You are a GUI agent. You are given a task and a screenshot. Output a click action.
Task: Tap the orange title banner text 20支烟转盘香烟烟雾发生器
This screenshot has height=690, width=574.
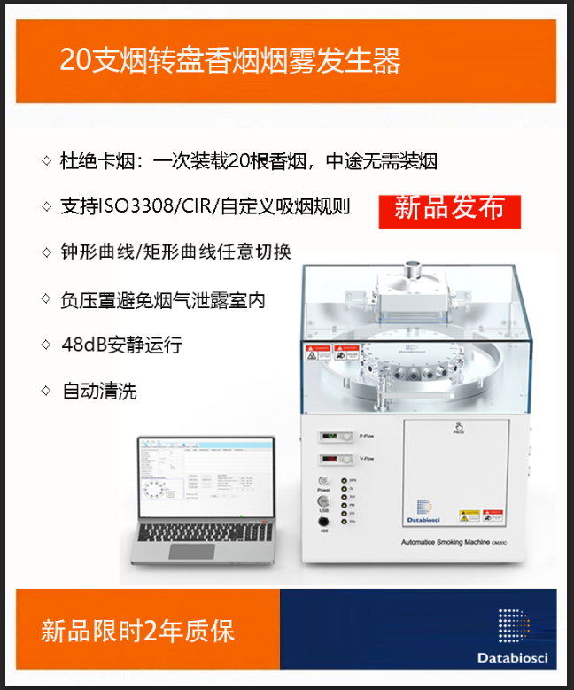(x=229, y=60)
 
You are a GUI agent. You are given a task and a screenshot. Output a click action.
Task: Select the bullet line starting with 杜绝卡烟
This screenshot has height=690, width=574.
(x=248, y=161)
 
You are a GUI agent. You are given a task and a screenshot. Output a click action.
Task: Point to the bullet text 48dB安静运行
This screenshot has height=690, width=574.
(x=120, y=345)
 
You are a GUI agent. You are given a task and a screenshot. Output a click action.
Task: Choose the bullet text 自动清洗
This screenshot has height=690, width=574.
(x=98, y=391)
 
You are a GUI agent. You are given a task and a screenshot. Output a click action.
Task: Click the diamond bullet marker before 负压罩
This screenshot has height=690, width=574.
(x=46, y=299)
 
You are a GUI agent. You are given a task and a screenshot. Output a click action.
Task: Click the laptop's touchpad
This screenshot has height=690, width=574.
(x=191, y=551)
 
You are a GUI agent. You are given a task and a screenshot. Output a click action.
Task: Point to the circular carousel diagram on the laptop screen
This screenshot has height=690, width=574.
(x=153, y=492)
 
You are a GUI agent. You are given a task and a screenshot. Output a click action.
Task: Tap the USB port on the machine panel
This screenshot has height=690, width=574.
(x=323, y=504)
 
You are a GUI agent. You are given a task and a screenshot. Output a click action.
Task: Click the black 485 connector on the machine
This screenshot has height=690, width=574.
(x=323, y=523)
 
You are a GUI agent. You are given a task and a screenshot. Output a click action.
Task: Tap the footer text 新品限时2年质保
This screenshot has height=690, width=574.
(x=138, y=631)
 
